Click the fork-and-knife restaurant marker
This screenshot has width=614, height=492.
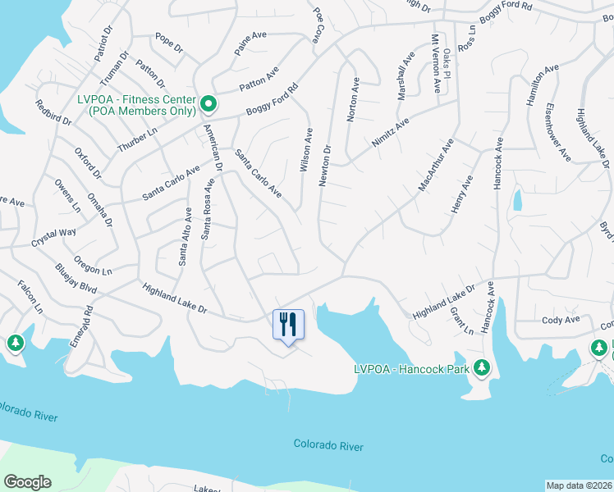click(x=287, y=324)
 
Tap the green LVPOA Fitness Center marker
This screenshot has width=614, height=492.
click(x=208, y=103)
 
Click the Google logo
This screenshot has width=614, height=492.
click(x=28, y=482)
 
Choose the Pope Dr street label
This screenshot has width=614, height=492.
click(x=169, y=43)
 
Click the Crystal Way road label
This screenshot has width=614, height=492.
click(x=53, y=238)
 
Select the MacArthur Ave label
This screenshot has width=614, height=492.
click(x=435, y=166)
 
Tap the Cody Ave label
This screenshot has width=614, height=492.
click(x=561, y=319)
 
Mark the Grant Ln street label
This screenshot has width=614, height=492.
click(x=462, y=321)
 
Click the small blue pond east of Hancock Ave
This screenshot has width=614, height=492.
click(x=517, y=199)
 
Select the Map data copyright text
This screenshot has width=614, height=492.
click(x=580, y=485)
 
